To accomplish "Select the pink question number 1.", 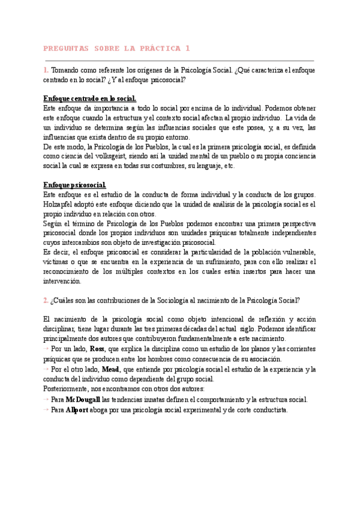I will (46, 70).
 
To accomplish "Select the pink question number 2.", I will (46, 301).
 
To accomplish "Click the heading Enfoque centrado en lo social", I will (90, 98).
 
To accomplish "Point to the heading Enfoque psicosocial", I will (75, 185).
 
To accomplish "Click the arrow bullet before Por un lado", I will (47, 349).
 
